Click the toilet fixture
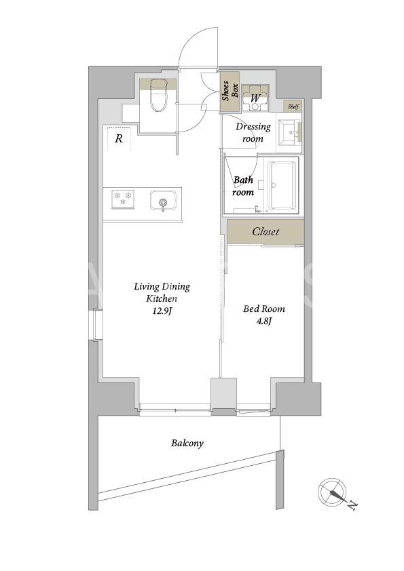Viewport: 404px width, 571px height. [x=159, y=95]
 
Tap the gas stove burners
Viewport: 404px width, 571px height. [x=123, y=199]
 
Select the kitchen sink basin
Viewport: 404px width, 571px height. [x=163, y=201]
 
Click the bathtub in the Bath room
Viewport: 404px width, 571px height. [x=282, y=185]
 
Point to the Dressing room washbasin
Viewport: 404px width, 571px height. [x=289, y=132]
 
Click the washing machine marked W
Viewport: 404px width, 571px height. [x=255, y=98]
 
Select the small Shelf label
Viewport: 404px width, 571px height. [x=293, y=106]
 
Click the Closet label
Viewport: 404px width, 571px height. [x=265, y=232]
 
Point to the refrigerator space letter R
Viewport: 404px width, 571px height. [x=119, y=139]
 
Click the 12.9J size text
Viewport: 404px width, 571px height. [x=162, y=311]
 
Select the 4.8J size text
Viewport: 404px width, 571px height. [x=263, y=321]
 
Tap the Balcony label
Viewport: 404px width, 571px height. [x=187, y=444]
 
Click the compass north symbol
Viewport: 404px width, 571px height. [x=332, y=492]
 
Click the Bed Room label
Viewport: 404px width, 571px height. [x=264, y=309]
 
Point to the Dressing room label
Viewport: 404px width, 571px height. [x=253, y=132]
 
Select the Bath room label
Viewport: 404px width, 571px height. [x=243, y=186]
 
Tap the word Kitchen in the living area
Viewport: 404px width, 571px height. [x=162, y=298]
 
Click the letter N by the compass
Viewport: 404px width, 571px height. [x=352, y=506]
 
